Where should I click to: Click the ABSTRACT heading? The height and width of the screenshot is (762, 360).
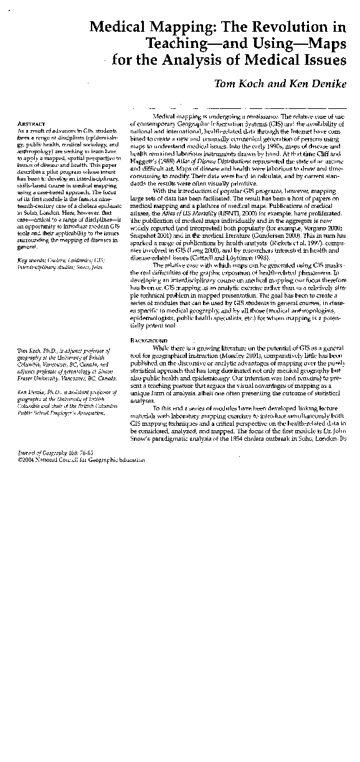coord(30,124)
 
